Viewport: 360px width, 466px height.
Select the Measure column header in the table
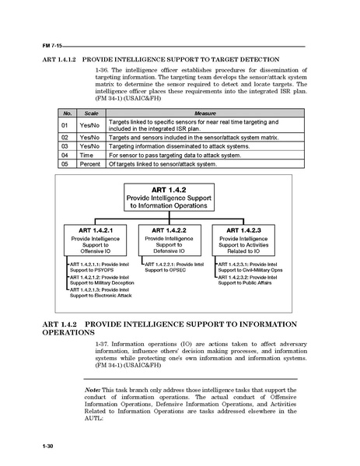click(x=183, y=113)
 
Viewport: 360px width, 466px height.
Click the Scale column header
click(x=90, y=113)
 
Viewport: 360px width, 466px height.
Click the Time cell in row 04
click(x=90, y=155)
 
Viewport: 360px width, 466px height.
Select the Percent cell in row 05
click(x=90, y=164)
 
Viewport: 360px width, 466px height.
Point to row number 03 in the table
click(x=67, y=145)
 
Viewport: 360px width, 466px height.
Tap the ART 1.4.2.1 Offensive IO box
click(x=98, y=241)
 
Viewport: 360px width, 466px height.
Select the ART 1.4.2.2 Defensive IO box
click(x=173, y=241)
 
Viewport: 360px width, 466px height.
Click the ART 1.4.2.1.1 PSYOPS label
click(x=100, y=267)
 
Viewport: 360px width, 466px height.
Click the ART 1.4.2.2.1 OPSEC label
click(x=173, y=267)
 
